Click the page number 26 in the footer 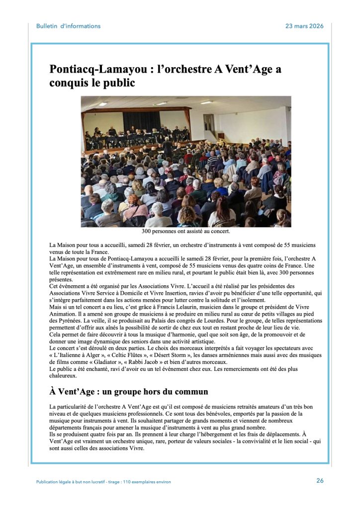click(320, 480)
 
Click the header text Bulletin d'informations click(68, 26)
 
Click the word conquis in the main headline click(68, 83)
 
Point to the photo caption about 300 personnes click(186, 231)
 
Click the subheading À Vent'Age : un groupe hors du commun click(128, 391)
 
